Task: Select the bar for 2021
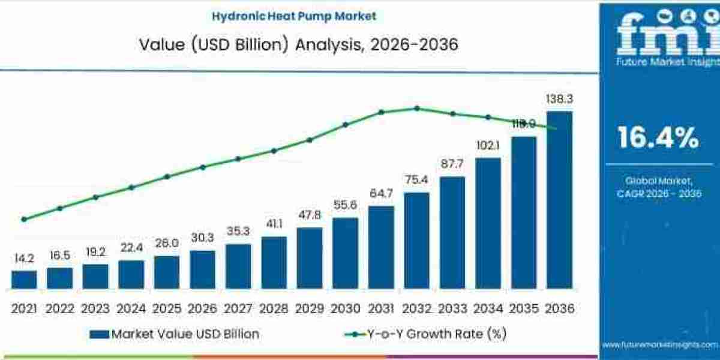(x=24, y=280)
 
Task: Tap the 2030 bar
(x=345, y=253)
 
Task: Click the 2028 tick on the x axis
(x=274, y=308)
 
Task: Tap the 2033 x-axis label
(x=452, y=308)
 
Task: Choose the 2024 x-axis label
(x=131, y=308)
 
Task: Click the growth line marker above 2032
(x=417, y=108)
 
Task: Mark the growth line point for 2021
(x=24, y=219)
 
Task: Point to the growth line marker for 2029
(x=310, y=140)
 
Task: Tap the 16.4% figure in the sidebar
(x=658, y=138)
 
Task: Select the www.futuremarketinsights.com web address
(x=659, y=345)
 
